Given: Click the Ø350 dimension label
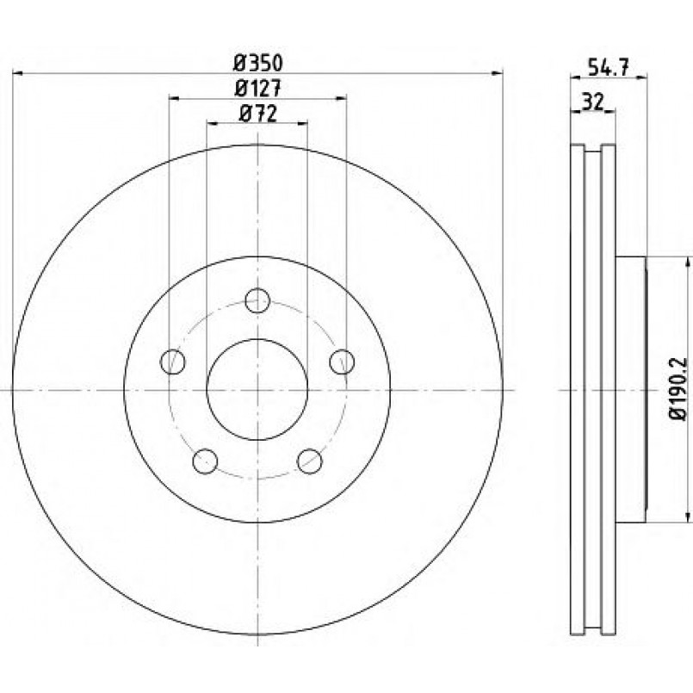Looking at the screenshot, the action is tap(257, 63).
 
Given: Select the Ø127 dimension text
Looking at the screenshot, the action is tap(257, 89).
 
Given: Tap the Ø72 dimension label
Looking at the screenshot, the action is tap(257, 114).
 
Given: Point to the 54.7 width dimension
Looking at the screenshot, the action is tap(608, 68).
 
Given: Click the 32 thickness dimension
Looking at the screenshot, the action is tap(593, 102).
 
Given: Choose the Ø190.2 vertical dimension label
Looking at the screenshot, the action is tap(678, 389).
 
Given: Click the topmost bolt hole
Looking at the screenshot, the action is tap(257, 300).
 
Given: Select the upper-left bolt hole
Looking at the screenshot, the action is tap(172, 362).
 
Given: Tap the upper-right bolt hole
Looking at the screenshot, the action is tap(342, 362).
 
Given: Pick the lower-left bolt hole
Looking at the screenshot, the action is tap(205, 461).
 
